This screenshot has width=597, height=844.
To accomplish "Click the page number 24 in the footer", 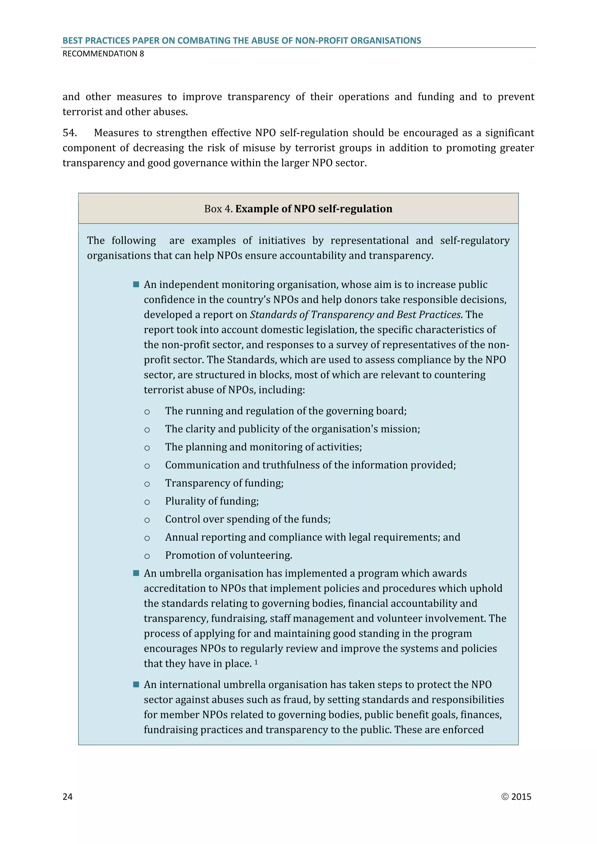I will tap(68, 796).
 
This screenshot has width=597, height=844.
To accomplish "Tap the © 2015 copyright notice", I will tap(516, 796).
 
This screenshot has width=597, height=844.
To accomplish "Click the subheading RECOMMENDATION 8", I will tap(103, 54).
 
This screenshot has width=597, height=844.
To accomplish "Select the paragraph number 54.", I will tap(69, 133).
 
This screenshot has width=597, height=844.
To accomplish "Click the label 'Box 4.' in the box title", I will tap(218, 209).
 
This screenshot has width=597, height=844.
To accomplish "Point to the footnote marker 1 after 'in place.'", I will tap(256, 662).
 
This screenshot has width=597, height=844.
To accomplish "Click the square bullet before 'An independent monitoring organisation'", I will tap(136, 284).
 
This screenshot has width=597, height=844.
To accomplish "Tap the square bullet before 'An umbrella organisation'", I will tap(136, 573).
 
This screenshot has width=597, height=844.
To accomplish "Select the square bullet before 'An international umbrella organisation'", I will tap(136, 684).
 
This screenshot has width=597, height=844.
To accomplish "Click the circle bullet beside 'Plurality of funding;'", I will tap(147, 502).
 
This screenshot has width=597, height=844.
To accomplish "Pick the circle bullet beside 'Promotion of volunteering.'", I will tap(147, 556).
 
